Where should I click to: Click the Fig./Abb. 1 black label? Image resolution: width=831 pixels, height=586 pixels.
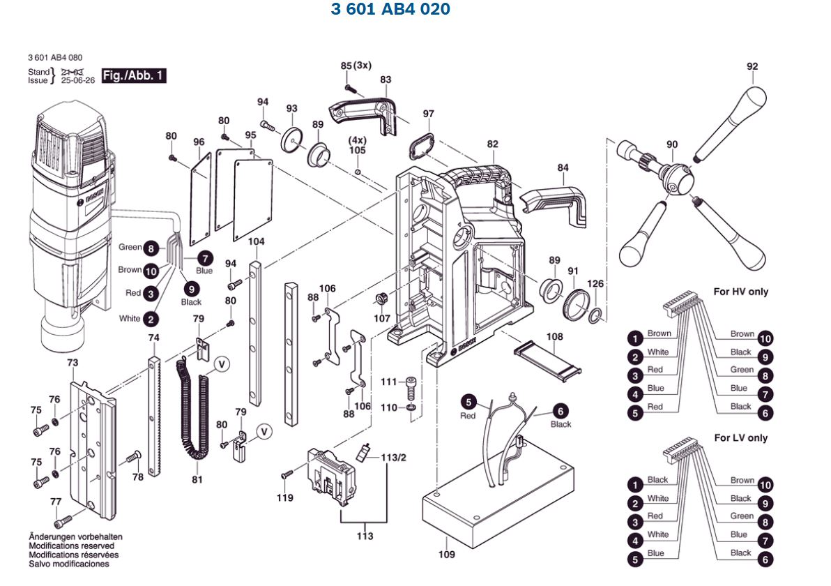pos(135,75)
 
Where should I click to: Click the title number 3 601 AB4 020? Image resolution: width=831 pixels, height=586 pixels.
pos(390,10)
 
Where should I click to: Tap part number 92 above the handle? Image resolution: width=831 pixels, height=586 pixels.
pos(752,67)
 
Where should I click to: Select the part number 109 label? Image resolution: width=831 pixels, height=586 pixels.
pos(447,555)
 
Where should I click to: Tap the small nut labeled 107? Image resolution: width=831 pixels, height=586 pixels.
pos(381,299)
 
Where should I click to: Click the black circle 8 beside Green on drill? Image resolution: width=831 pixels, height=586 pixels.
pos(150,247)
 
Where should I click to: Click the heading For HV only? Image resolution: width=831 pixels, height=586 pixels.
pos(740,292)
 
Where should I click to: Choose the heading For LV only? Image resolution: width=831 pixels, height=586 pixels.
pos(740,438)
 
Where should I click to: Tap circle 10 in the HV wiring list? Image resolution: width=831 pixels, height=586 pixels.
pos(765,339)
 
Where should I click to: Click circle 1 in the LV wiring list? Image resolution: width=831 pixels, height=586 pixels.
pos(635,485)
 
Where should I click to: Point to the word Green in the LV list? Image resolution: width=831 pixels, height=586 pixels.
pos(742,516)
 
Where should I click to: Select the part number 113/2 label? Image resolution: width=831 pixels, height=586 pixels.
pos(392,457)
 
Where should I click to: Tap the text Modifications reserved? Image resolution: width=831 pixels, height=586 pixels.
pos(73,546)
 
